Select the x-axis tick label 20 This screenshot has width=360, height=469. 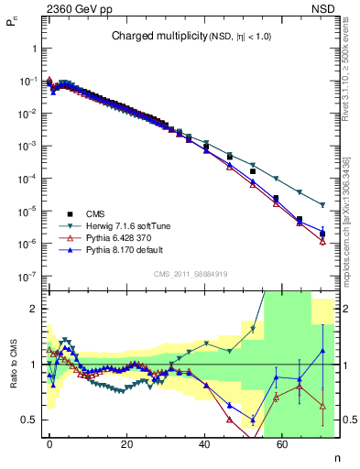point(128,442)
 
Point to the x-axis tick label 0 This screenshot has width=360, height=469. point(49,442)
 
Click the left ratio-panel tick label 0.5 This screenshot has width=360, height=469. point(30,420)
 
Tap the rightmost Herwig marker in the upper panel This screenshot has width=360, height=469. point(322,204)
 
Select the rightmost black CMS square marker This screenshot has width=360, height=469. point(322,234)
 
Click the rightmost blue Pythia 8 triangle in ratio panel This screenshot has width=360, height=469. point(322,351)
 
